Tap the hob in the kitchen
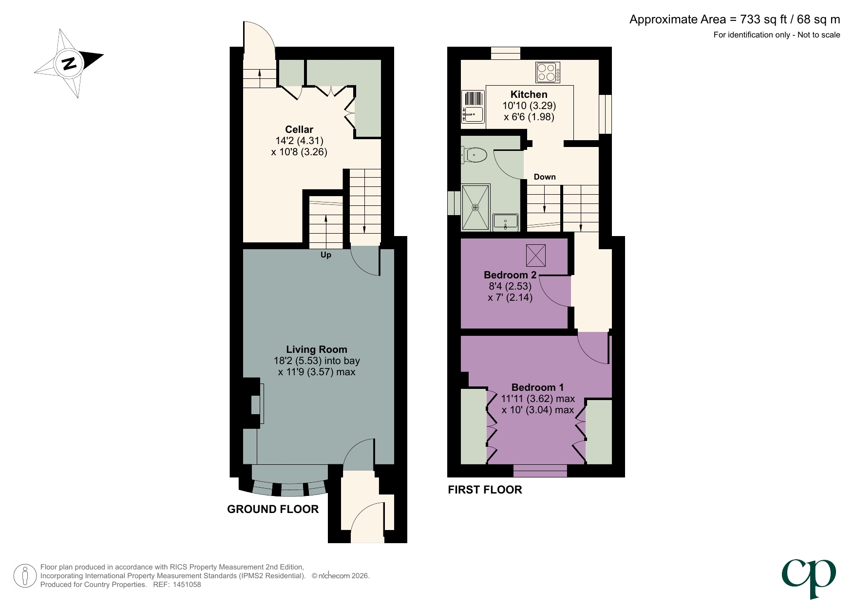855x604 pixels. click(x=548, y=72)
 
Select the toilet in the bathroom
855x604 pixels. click(x=475, y=155)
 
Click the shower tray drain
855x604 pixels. click(x=475, y=207)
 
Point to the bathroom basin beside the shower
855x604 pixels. click(x=505, y=222)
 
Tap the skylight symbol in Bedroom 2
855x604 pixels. click(x=535, y=255)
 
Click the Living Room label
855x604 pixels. click(x=316, y=349)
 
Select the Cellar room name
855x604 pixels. click(x=299, y=129)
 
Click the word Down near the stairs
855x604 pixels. click(x=544, y=177)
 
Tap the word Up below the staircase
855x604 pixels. click(x=325, y=255)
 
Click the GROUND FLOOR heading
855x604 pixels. click(x=273, y=509)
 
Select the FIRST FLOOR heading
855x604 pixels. click(x=485, y=490)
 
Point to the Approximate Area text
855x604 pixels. click(x=734, y=19)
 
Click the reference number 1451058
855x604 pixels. click(x=184, y=585)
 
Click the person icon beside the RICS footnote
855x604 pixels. click(x=25, y=576)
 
